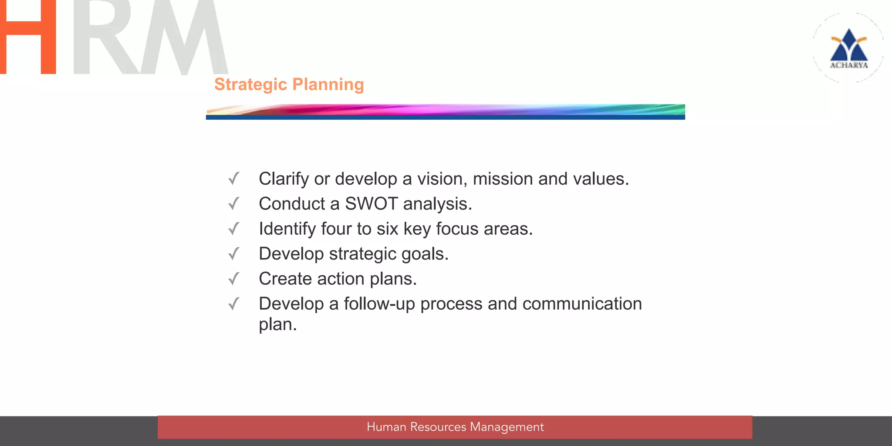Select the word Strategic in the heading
coord(250,84)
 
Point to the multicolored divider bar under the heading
coord(445,111)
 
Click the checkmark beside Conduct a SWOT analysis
coord(234,203)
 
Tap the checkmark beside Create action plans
coord(234,279)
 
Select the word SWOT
coord(371,204)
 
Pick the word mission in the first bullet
coord(503,179)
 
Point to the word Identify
coord(287,229)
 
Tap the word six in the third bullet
coord(387,229)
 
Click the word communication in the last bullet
coord(582,304)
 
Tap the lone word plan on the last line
coord(277,325)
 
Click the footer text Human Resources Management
coord(455,427)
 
